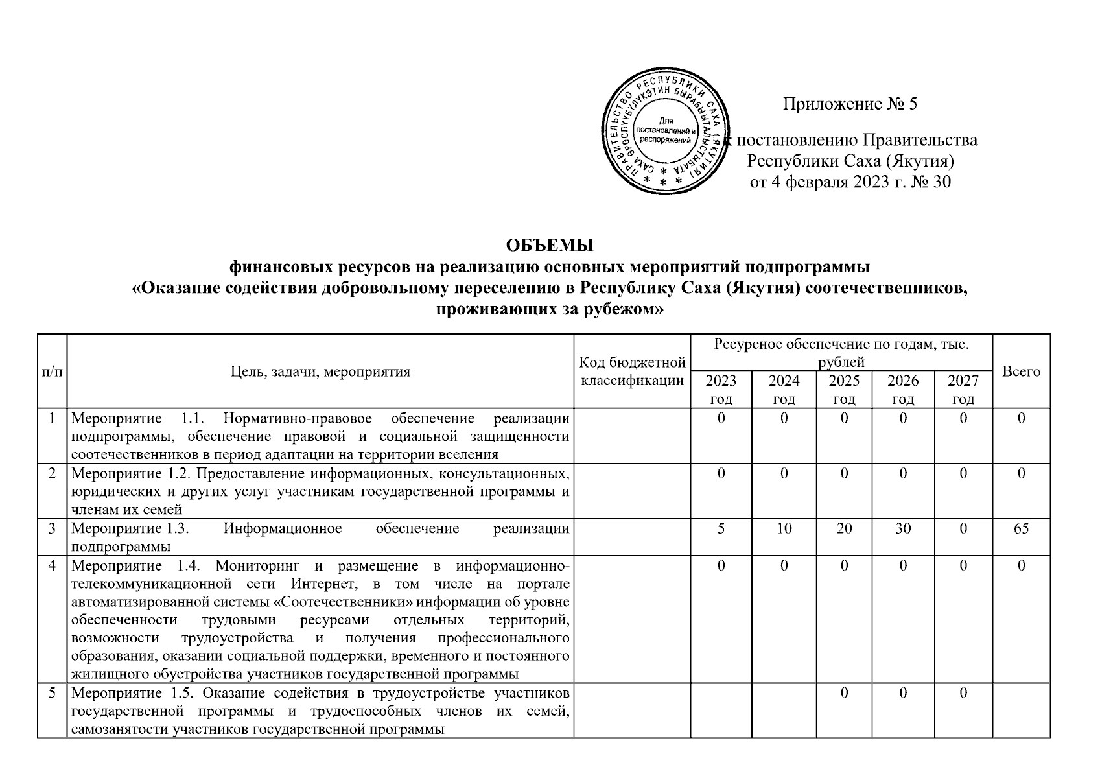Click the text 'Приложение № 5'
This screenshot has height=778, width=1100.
pos(850,104)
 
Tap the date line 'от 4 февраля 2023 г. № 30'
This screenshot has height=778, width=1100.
pos(850,182)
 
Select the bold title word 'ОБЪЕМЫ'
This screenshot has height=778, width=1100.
pos(550,246)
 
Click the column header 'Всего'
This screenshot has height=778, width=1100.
pos(1021,371)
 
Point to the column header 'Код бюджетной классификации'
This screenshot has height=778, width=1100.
pos(632,371)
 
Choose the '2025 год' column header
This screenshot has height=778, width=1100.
pos(844,390)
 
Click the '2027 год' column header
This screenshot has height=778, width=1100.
pos(963,390)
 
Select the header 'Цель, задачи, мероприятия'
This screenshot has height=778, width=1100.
pos(320,371)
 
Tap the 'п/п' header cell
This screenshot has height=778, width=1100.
pos(52,371)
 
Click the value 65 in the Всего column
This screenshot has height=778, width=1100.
pos(1021,528)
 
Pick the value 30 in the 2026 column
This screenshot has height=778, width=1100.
pos(903,528)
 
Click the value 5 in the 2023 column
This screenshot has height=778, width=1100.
pos(721,528)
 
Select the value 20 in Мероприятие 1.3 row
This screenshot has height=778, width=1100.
pos(844,528)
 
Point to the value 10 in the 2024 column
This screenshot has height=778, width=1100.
pos(784,528)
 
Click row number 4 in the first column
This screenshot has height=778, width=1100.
pos(52,566)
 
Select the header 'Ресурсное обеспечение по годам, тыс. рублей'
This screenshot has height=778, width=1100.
pos(841,352)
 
